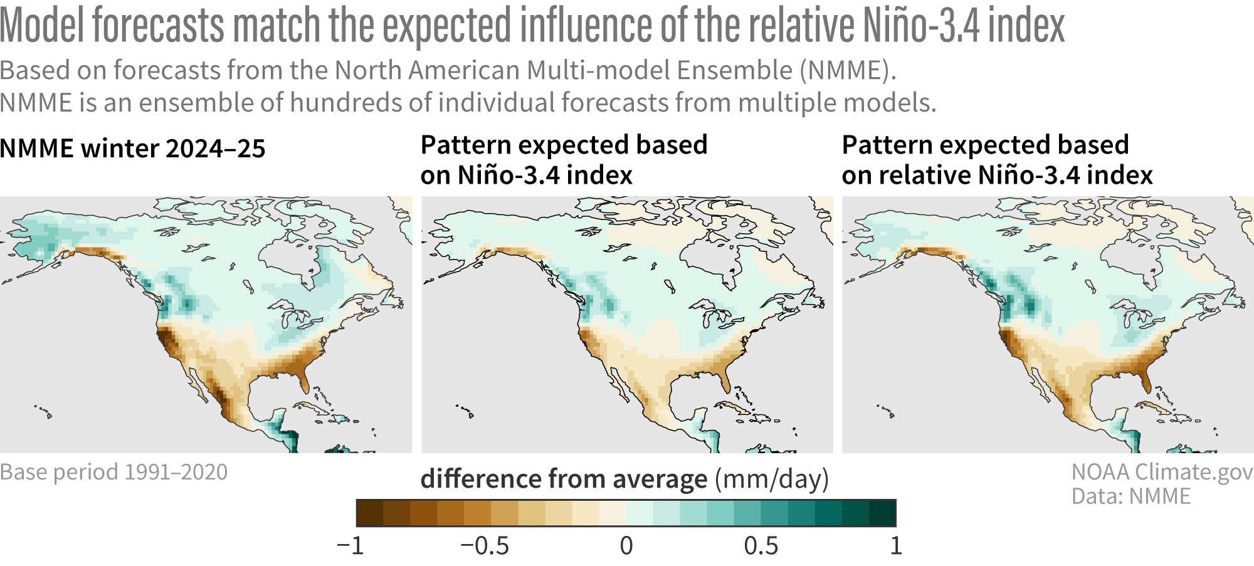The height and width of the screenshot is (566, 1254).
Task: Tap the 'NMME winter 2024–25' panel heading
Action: point(133,149)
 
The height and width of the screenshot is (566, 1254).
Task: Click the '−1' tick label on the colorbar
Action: point(350,546)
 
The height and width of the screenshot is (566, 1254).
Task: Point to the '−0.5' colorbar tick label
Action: point(485,546)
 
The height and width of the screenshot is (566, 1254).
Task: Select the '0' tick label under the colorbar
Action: point(626,546)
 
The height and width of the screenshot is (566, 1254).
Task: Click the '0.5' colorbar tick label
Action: point(761,546)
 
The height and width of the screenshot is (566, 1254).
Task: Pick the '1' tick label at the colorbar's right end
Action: point(896,546)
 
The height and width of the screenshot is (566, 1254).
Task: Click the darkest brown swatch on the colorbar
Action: point(369,513)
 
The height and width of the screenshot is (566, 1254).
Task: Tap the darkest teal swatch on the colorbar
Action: point(882,513)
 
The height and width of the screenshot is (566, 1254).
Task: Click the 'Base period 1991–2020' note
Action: point(113,472)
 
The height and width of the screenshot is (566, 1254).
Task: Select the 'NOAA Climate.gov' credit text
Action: point(1162,472)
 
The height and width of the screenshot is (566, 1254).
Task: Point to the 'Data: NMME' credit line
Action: point(1130,496)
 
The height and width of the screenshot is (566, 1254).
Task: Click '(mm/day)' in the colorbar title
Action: point(772,480)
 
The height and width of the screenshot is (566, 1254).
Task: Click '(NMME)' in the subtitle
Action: point(848,70)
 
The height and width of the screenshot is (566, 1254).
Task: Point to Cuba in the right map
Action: point(1154,407)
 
